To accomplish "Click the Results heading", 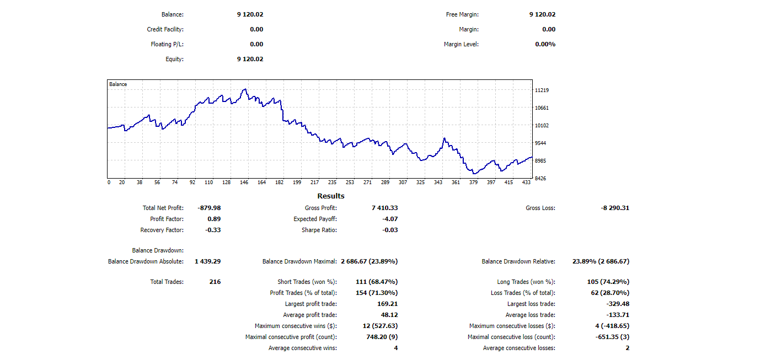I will [331, 196].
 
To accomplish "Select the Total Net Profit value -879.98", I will [209, 208].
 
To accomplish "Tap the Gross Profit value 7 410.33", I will [385, 208].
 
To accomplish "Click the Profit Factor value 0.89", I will [213, 219].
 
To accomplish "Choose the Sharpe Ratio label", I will [319, 230].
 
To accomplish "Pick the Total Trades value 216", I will [215, 282].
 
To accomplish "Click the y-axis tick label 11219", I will [542, 90].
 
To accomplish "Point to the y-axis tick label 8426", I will [541, 178].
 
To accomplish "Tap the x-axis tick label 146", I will [244, 182].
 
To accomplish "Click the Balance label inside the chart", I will [118, 84].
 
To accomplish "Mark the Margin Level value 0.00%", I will [545, 44].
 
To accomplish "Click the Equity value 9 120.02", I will [250, 59].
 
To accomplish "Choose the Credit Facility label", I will [165, 29].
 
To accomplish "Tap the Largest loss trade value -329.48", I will [618, 304].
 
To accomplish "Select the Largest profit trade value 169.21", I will [387, 304].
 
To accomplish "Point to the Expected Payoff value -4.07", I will [390, 219].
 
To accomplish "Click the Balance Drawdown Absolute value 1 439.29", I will [207, 261].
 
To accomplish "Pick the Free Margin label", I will [462, 14].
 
